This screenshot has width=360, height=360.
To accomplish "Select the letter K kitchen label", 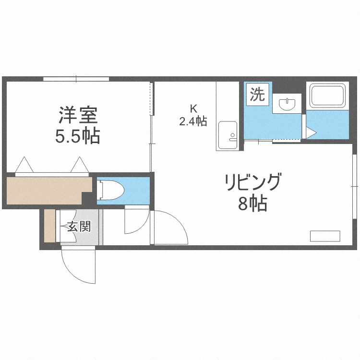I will [193, 108].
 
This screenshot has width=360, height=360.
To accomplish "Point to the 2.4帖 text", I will [193, 121].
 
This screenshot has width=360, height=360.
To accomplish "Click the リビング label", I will [252, 183].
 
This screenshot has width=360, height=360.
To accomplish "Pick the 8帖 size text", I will [252, 204].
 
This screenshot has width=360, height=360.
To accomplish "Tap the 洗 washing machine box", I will [257, 94].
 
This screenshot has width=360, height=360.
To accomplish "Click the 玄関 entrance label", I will [79, 226].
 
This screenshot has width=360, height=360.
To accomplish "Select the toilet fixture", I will [111, 190].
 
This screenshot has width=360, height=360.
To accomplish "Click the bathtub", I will [327, 96].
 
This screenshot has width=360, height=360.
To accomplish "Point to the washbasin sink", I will [287, 104].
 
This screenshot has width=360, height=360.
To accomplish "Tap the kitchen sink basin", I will [227, 135].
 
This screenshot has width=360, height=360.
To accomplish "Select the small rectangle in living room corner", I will [325, 236].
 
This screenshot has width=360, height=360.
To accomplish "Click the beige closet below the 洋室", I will [46, 190].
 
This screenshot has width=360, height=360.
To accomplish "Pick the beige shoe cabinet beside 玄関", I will [49, 226].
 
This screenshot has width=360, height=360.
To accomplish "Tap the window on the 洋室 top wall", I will [76, 79].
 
